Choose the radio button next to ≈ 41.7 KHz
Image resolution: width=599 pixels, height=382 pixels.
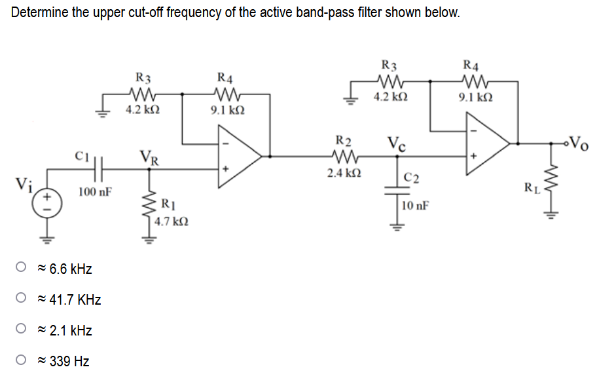tap(22, 300)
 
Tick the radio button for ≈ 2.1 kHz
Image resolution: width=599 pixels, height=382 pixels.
tap(22, 331)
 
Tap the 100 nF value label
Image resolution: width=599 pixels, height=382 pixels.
tap(95, 192)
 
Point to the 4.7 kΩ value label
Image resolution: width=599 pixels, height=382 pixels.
tap(172, 222)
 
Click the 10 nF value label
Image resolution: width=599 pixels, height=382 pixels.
tap(416, 206)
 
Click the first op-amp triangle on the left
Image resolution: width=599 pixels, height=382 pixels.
tap(239, 156)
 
